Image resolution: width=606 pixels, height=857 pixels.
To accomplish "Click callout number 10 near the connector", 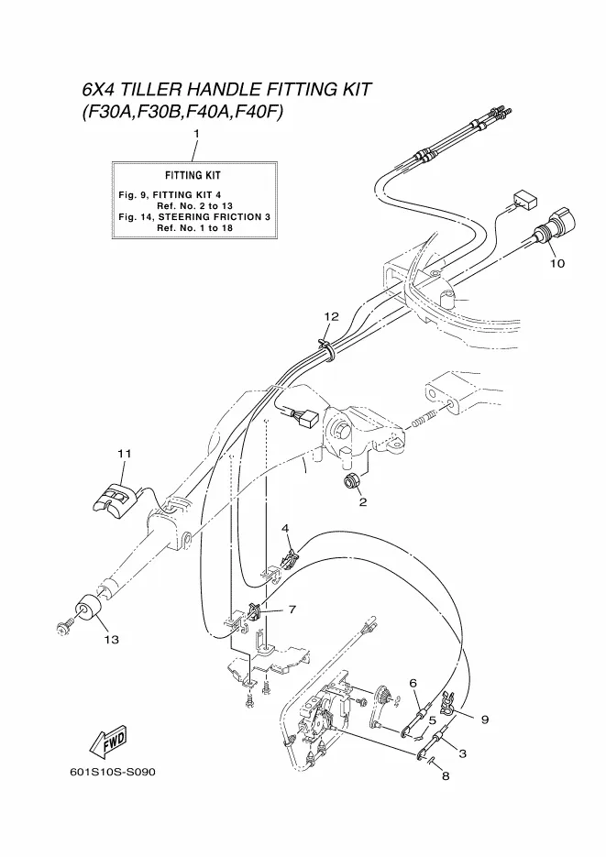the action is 556,263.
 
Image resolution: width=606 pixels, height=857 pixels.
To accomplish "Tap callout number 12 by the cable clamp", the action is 331,316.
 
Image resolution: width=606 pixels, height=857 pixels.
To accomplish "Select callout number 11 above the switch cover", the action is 124,453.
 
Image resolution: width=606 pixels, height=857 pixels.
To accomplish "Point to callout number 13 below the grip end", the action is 112,639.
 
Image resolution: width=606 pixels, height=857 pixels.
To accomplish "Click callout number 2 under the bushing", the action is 363,502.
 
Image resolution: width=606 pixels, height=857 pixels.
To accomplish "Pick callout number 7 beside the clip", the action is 292,610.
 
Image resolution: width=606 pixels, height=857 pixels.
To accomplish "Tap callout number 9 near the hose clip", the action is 485,720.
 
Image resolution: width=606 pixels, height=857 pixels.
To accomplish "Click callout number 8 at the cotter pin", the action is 446,775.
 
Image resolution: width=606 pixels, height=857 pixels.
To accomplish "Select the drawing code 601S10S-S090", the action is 113,773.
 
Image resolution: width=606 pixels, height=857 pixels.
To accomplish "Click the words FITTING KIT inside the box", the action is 193,175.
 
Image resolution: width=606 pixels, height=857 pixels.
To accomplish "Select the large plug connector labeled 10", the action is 556,228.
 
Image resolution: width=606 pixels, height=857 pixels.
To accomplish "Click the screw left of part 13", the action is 63,628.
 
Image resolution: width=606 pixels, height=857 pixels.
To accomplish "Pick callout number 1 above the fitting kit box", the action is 197,133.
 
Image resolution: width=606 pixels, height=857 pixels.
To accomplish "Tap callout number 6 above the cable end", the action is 413,683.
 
